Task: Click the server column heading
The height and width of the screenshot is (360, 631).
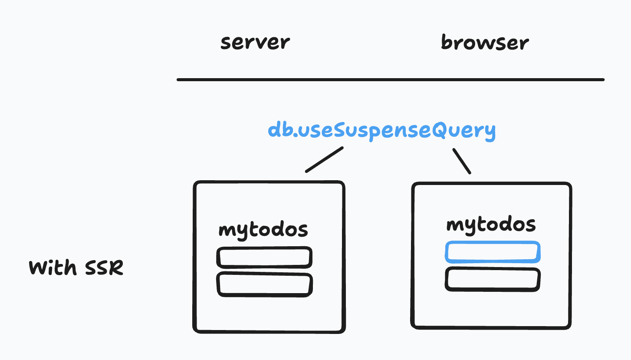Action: click(255, 43)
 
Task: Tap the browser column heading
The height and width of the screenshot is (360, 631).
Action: click(485, 43)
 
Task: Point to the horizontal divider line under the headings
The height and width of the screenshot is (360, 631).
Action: click(391, 79)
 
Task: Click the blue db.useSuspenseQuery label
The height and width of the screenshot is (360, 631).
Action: click(381, 130)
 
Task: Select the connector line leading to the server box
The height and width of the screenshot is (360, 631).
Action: click(324, 159)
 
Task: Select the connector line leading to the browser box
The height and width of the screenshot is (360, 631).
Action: click(462, 161)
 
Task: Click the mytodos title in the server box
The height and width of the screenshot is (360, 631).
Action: click(263, 230)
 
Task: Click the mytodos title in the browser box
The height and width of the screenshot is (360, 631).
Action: click(491, 225)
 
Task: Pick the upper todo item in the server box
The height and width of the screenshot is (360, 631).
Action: click(264, 257)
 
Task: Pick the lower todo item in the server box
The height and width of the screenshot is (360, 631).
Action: click(264, 284)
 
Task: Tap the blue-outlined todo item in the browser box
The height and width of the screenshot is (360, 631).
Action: click(493, 252)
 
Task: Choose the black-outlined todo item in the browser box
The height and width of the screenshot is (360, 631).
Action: click(493, 279)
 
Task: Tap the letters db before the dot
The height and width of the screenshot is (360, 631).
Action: click(279, 130)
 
